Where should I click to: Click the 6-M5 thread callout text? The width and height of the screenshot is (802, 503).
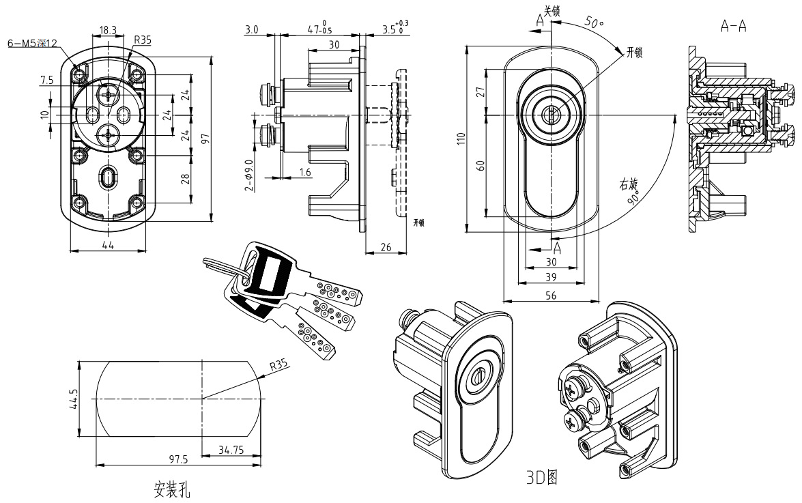[32, 44]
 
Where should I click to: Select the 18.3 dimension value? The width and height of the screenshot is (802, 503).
[108, 30]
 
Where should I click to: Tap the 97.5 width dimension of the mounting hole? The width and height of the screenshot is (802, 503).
[179, 459]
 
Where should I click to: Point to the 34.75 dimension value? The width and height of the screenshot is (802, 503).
[231, 450]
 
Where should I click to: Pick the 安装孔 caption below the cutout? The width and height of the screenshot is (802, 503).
[172, 489]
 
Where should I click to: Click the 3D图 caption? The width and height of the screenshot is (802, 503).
[542, 478]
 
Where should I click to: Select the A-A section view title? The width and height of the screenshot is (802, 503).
[734, 26]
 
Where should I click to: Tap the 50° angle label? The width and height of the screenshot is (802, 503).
[595, 23]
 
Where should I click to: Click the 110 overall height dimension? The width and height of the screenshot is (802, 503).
[461, 139]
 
